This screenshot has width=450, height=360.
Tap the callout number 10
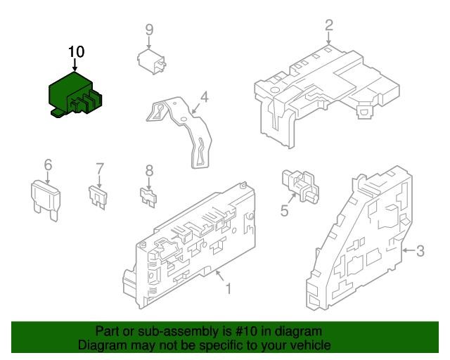(77, 52)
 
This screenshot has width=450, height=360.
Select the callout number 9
(149, 30)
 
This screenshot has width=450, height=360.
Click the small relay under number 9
(151, 62)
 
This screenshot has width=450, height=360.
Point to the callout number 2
(329, 25)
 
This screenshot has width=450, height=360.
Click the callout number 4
(204, 97)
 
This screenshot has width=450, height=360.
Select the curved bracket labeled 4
(179, 131)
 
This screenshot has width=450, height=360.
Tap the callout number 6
(48, 165)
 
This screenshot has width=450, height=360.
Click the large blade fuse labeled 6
(46, 200)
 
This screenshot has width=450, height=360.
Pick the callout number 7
(99, 169)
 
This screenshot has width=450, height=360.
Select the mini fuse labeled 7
(98, 198)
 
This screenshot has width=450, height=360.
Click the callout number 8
(149, 171)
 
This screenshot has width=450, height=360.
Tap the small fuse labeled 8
(148, 197)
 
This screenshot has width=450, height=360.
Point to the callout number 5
(284, 211)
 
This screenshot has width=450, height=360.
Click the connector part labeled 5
(300, 186)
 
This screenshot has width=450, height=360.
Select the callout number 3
(420, 250)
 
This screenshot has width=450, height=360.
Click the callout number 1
(229, 288)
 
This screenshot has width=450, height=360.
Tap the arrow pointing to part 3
(409, 250)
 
